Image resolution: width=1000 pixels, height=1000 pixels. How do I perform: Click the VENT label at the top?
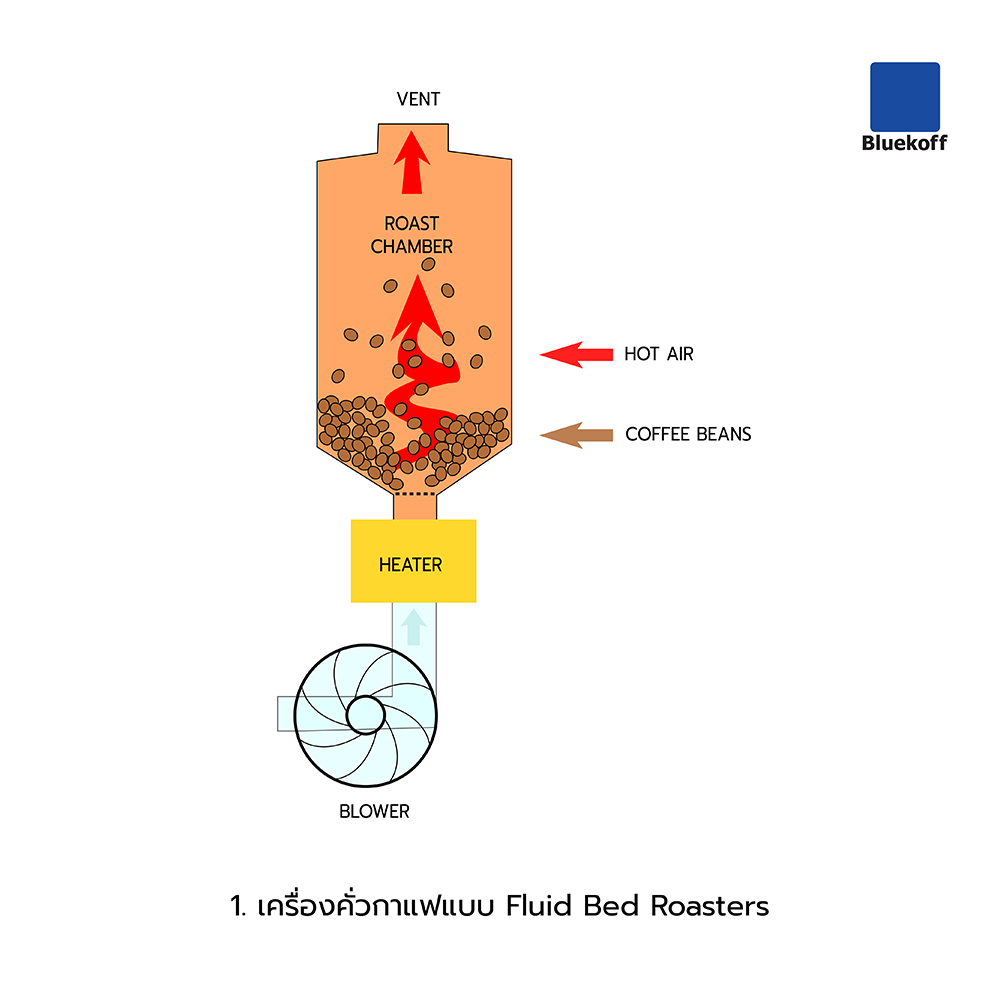pyautogui.click(x=418, y=99)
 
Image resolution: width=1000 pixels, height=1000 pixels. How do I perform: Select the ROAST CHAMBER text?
pyautogui.click(x=412, y=235)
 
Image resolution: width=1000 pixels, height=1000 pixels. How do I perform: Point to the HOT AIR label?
pyautogui.click(x=658, y=354)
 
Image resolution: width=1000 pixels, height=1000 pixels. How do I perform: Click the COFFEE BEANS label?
pyautogui.click(x=688, y=434)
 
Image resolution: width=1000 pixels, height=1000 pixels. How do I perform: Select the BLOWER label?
pyautogui.click(x=374, y=811)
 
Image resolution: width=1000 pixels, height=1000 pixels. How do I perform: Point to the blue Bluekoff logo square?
pyautogui.click(x=904, y=97)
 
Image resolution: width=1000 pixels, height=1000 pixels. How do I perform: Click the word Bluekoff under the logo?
pyautogui.click(x=904, y=143)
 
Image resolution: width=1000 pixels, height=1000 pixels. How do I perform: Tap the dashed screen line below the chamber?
pyautogui.click(x=414, y=494)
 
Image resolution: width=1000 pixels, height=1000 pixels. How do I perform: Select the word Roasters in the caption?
pyautogui.click(x=710, y=906)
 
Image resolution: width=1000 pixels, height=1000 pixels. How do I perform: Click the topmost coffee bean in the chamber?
pyautogui.click(x=428, y=268)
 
